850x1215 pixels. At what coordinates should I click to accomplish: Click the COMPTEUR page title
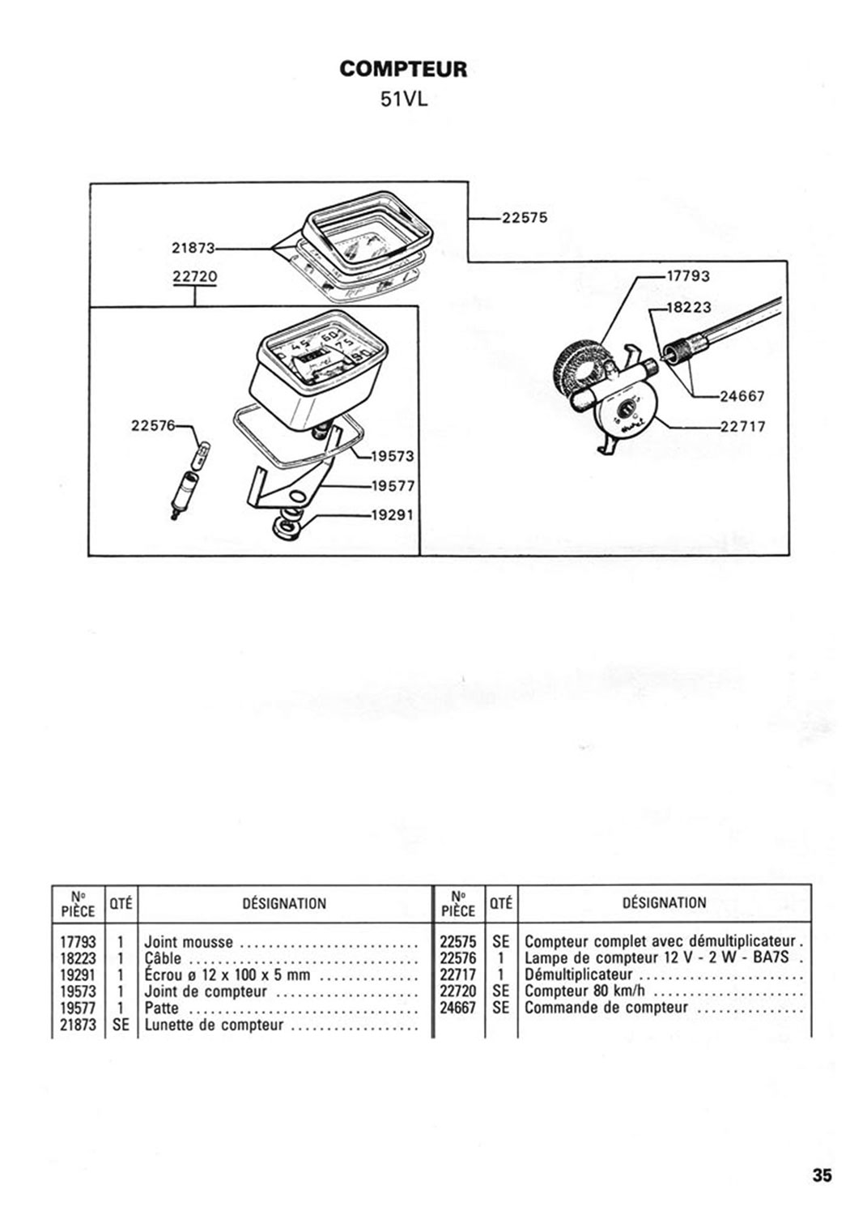(x=403, y=69)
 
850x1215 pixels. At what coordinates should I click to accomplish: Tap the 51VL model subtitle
(x=404, y=100)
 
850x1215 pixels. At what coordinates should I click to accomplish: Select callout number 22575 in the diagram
(x=525, y=218)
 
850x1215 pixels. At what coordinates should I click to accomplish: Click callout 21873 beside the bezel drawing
(x=193, y=249)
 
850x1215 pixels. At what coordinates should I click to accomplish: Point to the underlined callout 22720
(x=194, y=277)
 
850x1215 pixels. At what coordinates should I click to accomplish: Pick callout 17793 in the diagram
(x=688, y=276)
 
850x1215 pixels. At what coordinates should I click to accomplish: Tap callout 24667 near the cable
(x=742, y=396)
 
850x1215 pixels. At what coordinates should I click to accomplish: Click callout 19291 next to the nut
(x=393, y=514)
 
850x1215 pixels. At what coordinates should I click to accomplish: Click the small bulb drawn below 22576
(x=202, y=455)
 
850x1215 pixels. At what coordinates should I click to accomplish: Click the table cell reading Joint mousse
(x=189, y=942)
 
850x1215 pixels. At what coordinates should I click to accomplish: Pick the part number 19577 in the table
(x=78, y=1008)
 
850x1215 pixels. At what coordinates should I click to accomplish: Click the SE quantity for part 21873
(x=121, y=1025)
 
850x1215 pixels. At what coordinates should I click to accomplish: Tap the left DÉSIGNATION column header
(x=284, y=903)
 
